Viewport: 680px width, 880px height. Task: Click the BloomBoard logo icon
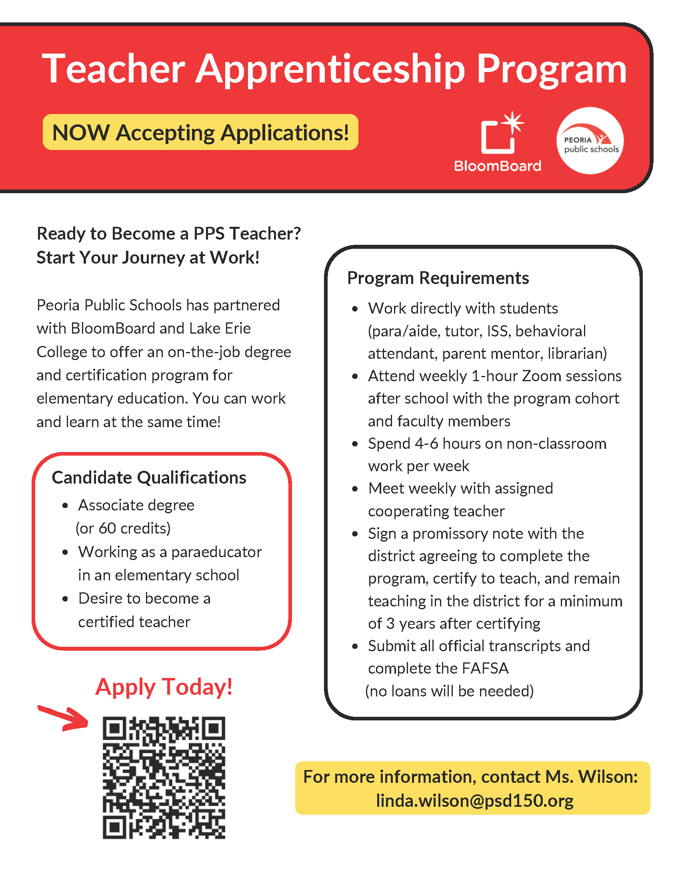tap(502, 133)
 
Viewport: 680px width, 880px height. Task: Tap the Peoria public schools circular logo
tap(590, 141)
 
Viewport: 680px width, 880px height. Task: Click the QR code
tap(164, 777)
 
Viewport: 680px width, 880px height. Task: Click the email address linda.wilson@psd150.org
tap(474, 801)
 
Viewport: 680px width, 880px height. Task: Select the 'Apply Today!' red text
tap(164, 687)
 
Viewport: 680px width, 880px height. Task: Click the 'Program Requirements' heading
tap(438, 278)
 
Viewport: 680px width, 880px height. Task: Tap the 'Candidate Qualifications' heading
tap(149, 478)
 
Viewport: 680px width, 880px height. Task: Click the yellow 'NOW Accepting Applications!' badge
tap(200, 132)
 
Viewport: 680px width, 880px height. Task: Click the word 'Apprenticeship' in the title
tap(330, 69)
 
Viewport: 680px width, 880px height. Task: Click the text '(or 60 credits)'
tap(123, 528)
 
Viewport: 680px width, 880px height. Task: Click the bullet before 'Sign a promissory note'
tap(355, 534)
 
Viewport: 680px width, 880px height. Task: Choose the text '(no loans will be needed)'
tap(449, 691)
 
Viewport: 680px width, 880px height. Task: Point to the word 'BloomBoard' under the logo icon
tap(498, 166)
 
